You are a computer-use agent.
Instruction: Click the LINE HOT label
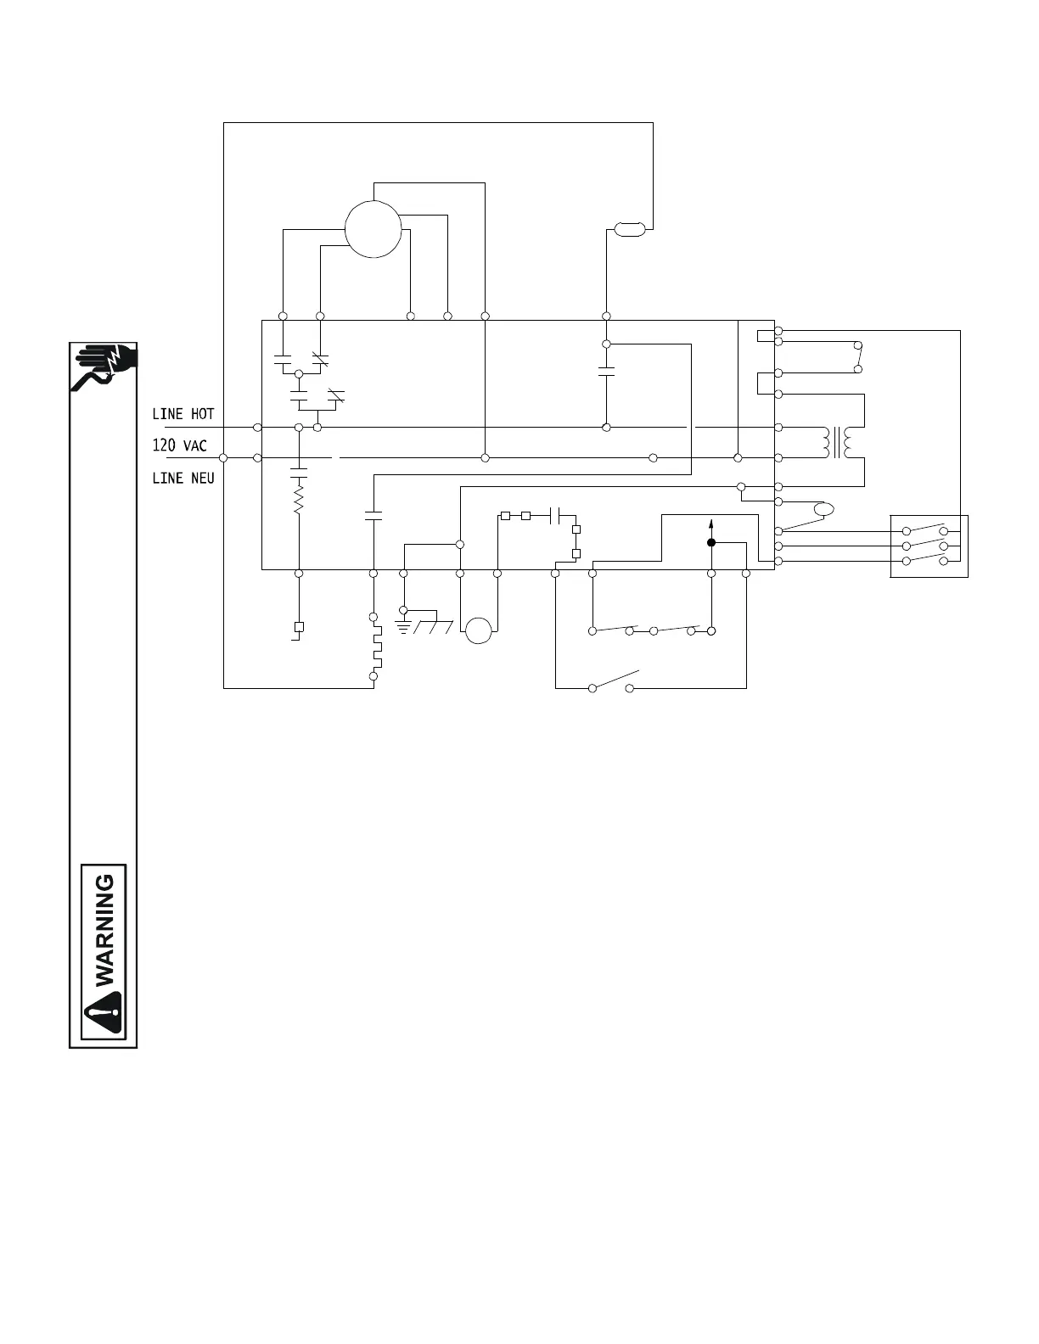click(x=183, y=414)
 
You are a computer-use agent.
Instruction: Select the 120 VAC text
click(x=179, y=445)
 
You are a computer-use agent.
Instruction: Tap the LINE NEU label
click(x=183, y=478)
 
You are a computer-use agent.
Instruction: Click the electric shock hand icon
click(x=104, y=367)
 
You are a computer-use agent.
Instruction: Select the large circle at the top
click(x=373, y=228)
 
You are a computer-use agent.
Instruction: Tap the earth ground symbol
click(x=404, y=625)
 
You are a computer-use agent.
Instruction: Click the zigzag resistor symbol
click(x=299, y=497)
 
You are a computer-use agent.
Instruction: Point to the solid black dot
click(x=711, y=542)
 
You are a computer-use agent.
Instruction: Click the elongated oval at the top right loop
click(x=629, y=227)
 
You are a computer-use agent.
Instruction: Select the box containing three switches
click(x=929, y=546)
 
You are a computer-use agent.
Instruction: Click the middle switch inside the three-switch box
click(x=925, y=546)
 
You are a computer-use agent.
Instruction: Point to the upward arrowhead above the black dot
click(x=711, y=524)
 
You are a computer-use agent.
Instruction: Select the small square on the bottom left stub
click(x=299, y=627)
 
